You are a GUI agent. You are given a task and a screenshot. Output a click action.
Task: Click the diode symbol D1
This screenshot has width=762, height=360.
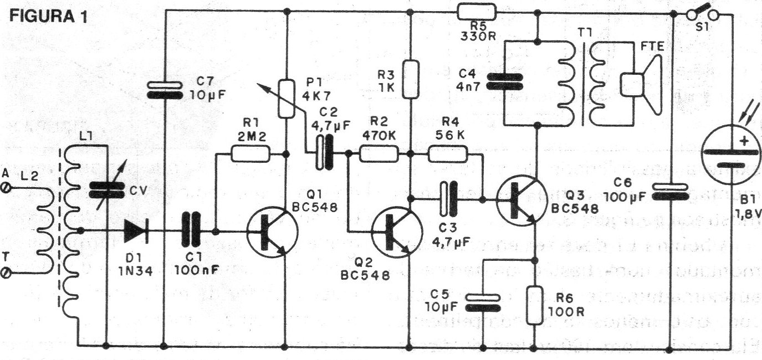[136, 230]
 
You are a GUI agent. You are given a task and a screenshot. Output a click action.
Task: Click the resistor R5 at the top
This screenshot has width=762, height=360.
[477, 11]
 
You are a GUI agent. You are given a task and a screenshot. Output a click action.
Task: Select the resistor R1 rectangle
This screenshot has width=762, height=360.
[250, 153]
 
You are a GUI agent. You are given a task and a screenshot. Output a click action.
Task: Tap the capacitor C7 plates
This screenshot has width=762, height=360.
[165, 89]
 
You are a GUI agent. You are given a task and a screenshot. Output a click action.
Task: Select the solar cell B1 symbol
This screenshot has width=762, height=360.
[726, 155]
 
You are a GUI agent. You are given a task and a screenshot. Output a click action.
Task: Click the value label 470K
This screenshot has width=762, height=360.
[378, 135]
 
